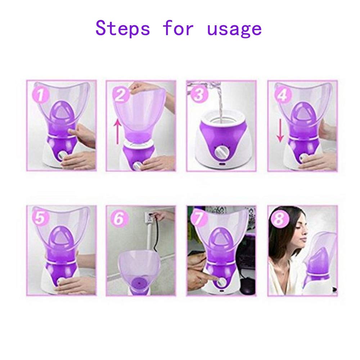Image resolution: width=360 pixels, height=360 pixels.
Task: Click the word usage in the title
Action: pyautogui.click(x=234, y=29)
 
